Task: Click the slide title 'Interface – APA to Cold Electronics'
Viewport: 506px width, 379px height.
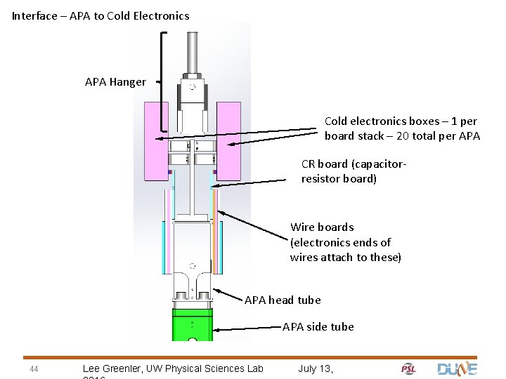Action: pos(100,15)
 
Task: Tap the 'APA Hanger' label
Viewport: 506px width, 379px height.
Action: pos(115,82)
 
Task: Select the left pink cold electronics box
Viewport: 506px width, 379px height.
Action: pos(156,140)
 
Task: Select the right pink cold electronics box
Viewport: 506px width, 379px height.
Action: pos(228,140)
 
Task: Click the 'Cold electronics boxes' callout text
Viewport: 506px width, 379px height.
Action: pos(401,128)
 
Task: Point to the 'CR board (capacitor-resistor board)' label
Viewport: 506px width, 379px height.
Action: pos(353,171)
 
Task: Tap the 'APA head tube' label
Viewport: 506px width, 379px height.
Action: pos(283,300)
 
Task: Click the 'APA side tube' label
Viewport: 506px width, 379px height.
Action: pos(318,326)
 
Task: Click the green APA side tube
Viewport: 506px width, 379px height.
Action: pos(192,326)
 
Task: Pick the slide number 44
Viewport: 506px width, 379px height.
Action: pos(34,369)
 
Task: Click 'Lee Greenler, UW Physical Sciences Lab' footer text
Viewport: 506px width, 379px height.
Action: pos(173,368)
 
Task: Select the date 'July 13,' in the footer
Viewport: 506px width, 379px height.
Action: pos(316,368)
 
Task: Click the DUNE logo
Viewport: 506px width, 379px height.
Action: pos(457,368)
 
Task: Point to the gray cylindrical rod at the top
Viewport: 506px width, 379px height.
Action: pos(192,49)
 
